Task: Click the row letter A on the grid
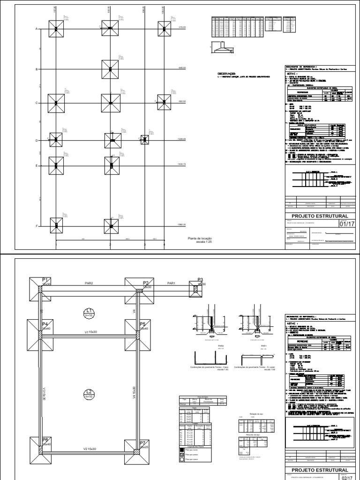pyautogui.click(x=36, y=29)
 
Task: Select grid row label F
pyautogui.click(x=36, y=226)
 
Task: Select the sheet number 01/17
pyautogui.click(x=345, y=224)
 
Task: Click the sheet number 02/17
pyautogui.click(x=345, y=477)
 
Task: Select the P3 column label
pyautogui.click(x=200, y=280)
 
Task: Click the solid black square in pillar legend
pyautogui.click(x=181, y=450)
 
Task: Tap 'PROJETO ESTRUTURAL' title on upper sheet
pyautogui.click(x=320, y=216)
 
